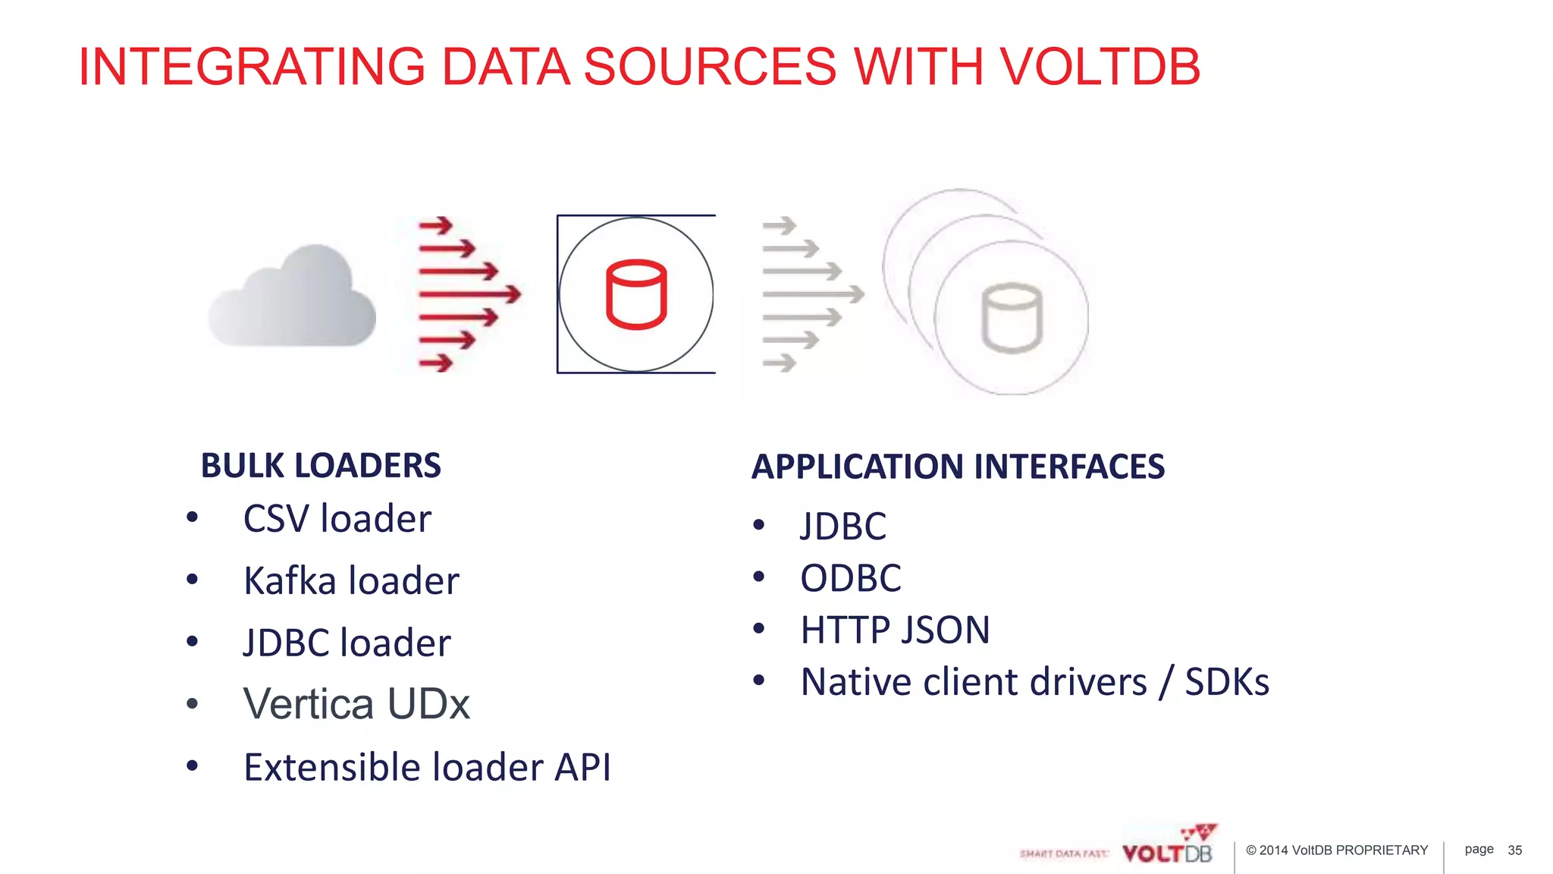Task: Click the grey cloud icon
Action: point(293,298)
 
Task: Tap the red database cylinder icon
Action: point(636,294)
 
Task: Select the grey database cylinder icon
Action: point(1012,319)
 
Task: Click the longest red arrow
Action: point(469,294)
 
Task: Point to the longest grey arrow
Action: point(813,294)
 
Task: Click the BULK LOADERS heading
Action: point(320,466)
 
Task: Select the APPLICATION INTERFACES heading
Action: point(958,467)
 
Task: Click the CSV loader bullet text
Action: point(337,520)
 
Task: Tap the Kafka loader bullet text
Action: point(351,582)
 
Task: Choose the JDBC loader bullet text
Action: point(347,643)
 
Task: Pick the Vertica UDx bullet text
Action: point(356,704)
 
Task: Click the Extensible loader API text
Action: point(427,767)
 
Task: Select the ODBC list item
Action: point(851,578)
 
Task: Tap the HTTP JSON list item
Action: point(895,630)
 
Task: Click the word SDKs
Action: point(1227,681)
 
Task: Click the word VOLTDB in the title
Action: point(1100,67)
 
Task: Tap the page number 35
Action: point(1514,850)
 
